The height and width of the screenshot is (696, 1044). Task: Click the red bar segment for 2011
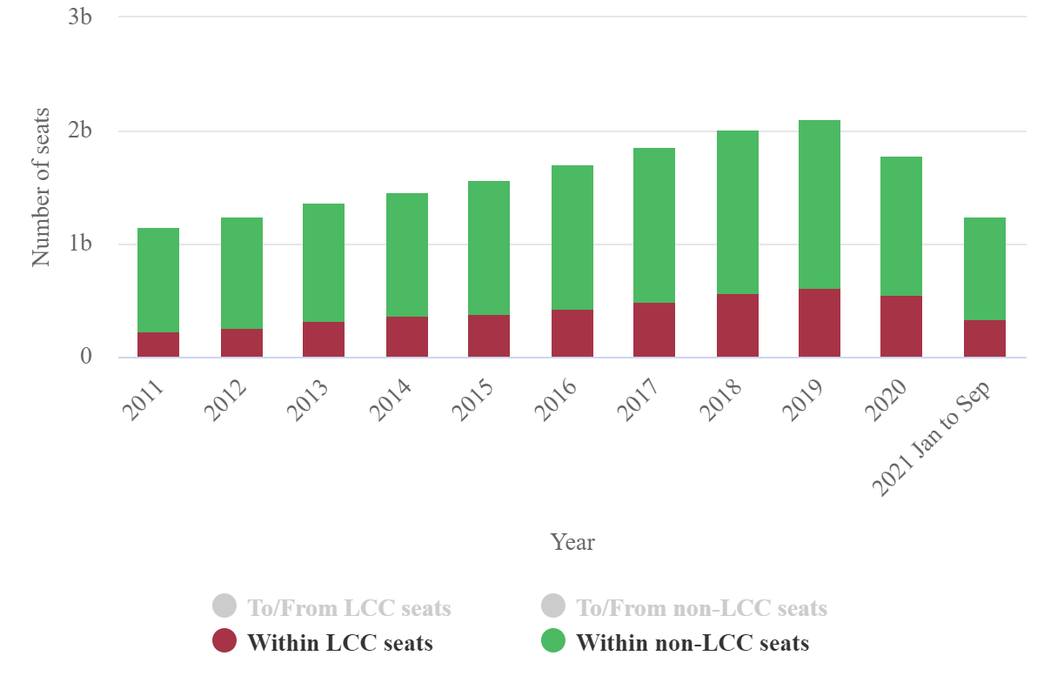tap(158, 345)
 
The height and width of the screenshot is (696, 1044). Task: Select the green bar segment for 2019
tap(820, 204)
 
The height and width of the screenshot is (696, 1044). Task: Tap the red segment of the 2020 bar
tap(901, 326)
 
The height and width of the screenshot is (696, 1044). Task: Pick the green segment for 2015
tap(489, 248)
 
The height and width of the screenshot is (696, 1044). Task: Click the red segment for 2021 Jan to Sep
tap(985, 338)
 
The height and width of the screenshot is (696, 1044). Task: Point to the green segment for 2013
tap(324, 263)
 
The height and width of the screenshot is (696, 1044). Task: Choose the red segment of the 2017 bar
tap(654, 330)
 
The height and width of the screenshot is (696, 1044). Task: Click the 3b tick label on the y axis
tap(80, 17)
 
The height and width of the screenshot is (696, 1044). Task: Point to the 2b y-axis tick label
tap(80, 131)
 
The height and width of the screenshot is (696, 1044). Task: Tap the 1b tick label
tap(80, 244)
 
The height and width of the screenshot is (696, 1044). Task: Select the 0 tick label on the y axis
tap(86, 357)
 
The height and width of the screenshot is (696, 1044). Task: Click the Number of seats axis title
tap(41, 187)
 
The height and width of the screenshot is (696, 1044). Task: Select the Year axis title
tap(572, 542)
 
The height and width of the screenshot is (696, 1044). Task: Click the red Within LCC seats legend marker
tap(224, 642)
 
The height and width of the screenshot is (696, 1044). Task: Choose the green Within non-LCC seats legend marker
tap(553, 642)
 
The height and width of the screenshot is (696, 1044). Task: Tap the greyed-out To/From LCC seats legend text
tap(349, 607)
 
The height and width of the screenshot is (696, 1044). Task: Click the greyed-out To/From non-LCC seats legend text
tap(701, 607)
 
